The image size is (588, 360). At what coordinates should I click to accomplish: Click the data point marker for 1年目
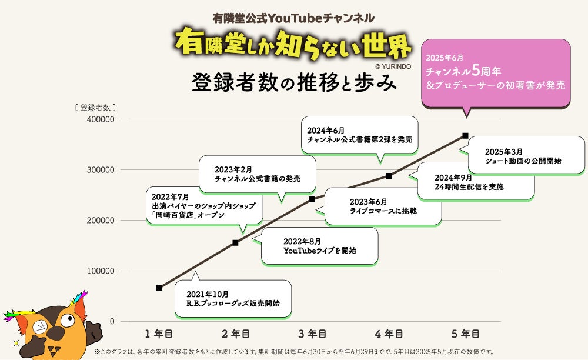coord(159,288)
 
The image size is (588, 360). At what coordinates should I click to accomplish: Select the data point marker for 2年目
coord(235,242)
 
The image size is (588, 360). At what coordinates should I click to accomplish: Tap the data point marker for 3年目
coord(312,199)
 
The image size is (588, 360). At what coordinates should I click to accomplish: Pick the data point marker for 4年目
coord(389,176)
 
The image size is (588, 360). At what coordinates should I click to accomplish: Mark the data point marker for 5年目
coord(465,136)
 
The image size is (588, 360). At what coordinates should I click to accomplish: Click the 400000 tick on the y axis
coord(100,119)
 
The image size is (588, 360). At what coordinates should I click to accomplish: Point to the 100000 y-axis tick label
coord(100,271)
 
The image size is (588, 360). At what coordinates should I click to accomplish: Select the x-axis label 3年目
coord(312,334)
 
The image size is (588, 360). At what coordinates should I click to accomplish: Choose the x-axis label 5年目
coord(465,334)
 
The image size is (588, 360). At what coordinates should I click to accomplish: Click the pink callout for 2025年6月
coord(497,73)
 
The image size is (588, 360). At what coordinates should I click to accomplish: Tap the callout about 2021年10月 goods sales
coord(232,299)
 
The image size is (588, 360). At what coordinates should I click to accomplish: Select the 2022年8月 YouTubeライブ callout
coord(319,246)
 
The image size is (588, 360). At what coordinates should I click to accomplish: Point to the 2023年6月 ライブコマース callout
coord(383,206)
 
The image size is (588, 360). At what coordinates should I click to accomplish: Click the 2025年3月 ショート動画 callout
coord(526,155)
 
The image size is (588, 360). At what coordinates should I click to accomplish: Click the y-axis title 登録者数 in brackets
coord(95,107)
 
